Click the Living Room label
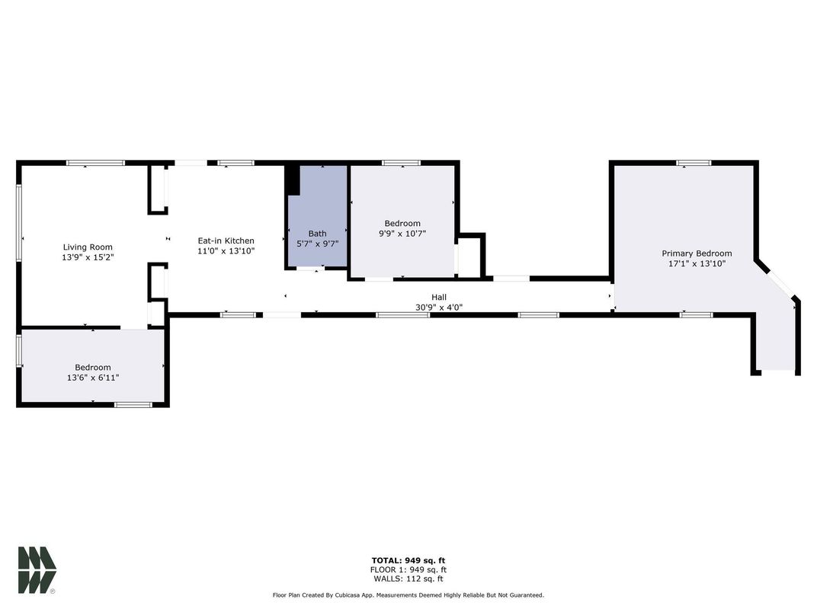(x=88, y=247)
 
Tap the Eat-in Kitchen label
(x=226, y=241)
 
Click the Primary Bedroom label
(x=697, y=253)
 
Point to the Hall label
(x=439, y=298)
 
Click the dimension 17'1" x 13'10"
(x=697, y=264)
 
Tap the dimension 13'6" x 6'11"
(x=92, y=378)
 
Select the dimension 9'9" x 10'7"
(x=402, y=234)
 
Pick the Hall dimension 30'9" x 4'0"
(x=439, y=308)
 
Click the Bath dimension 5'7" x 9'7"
(x=317, y=244)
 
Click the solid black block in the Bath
(x=293, y=180)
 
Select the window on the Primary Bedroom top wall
(x=694, y=163)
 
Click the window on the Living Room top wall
(x=95, y=163)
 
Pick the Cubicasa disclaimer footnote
(x=408, y=595)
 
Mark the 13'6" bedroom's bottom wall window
(x=133, y=404)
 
